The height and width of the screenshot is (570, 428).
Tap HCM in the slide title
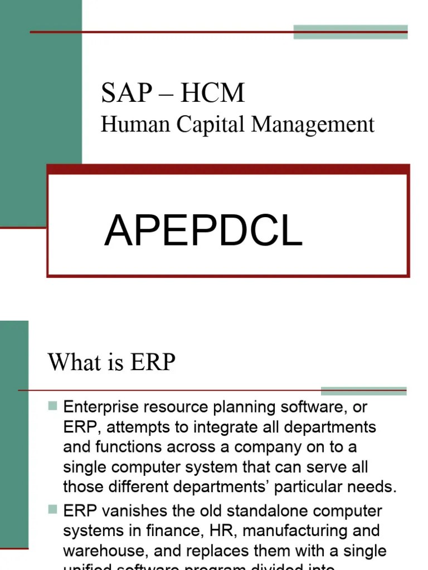(212, 93)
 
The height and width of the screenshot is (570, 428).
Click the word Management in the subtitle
(313, 125)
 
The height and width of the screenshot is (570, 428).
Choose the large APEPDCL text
(203, 232)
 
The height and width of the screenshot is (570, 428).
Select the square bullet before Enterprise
(53, 406)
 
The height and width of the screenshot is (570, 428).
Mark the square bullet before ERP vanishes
(53, 509)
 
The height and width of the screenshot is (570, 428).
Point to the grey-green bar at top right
(351, 32)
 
